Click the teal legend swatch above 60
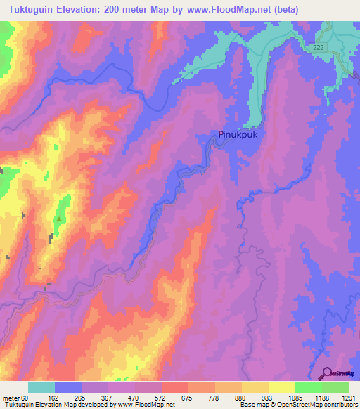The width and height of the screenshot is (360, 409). [41, 387]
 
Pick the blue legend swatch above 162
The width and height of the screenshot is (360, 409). [68, 387]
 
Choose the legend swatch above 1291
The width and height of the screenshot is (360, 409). [335, 387]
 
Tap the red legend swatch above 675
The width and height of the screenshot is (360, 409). [175, 387]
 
